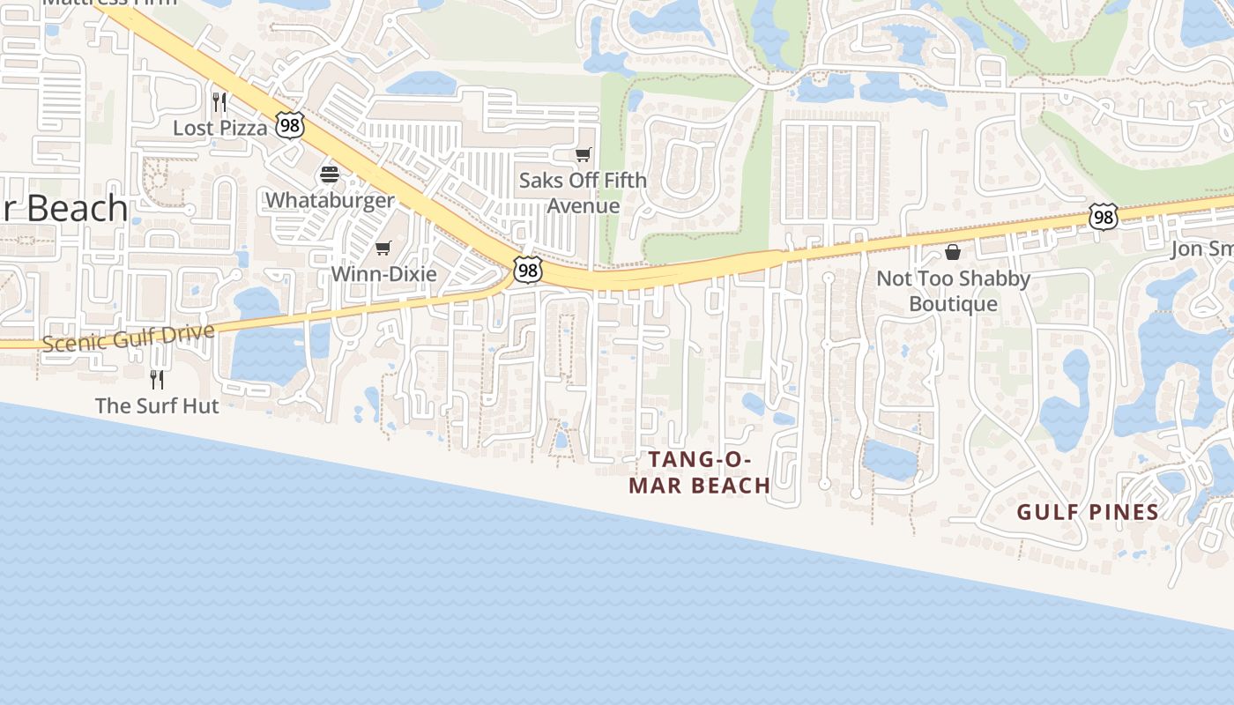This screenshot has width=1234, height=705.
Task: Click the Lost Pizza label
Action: [219, 128]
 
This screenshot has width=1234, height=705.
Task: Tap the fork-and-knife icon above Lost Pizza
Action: [219, 101]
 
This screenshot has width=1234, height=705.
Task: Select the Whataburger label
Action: [330, 200]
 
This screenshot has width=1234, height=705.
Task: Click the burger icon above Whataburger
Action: [330, 174]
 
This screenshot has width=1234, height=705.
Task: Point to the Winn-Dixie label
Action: [383, 274]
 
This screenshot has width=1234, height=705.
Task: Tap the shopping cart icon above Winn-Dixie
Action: [383, 249]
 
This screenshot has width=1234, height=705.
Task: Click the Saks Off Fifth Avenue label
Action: [583, 192]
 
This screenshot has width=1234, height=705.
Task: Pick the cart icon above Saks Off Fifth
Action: [583, 155]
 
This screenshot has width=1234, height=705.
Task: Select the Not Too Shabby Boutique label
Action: [953, 291]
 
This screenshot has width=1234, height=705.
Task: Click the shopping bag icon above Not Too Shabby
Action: [953, 253]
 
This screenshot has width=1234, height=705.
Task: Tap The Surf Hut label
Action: [157, 405]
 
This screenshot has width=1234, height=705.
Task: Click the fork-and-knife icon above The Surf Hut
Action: [157, 379]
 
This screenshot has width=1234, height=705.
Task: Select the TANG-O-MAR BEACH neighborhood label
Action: [700, 472]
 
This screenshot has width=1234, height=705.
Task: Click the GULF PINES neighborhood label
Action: [1088, 512]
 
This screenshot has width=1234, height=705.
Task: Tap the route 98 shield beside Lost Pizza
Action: [289, 125]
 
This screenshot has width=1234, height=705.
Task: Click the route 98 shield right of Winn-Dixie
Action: [527, 270]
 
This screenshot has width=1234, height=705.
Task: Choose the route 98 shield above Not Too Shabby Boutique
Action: [1103, 216]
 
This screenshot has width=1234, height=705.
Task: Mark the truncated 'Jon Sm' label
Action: [1201, 249]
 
